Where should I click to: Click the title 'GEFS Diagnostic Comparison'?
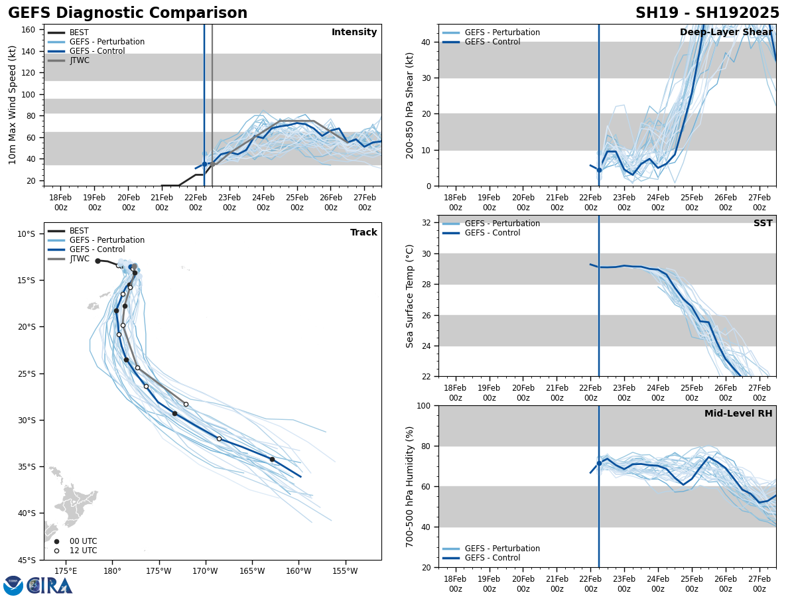coord(127,13)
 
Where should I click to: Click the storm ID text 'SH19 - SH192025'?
coord(707,13)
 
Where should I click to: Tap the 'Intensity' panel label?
coord(354,33)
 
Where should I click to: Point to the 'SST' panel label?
coord(763,224)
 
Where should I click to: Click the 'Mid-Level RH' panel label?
coord(738,414)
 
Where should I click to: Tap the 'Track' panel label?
coord(364,233)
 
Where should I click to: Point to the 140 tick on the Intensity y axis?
coord(28,51)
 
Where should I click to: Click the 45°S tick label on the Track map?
coord(26,561)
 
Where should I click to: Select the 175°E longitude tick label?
coord(65,571)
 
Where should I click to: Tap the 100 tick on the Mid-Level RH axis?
coord(423,406)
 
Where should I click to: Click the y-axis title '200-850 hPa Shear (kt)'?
coord(409,105)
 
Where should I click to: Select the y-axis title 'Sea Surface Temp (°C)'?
coord(410,296)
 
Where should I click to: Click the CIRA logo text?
coord(50,585)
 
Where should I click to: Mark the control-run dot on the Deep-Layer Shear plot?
coord(599,170)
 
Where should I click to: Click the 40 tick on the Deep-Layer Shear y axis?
coord(425,42)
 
